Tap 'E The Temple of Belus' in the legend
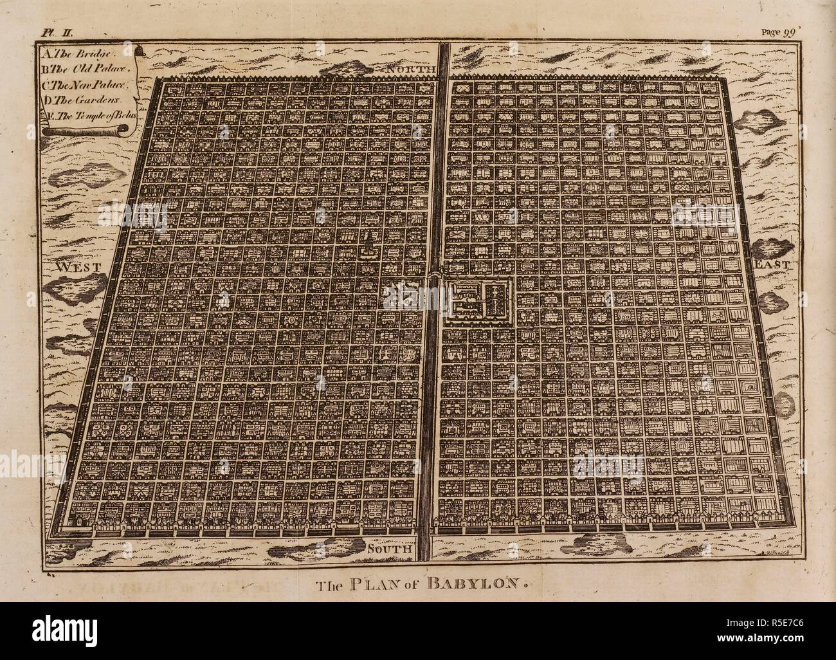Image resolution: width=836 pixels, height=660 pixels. pyautogui.click(x=93, y=115)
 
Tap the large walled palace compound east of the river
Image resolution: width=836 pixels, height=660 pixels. pyautogui.click(x=477, y=300)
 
